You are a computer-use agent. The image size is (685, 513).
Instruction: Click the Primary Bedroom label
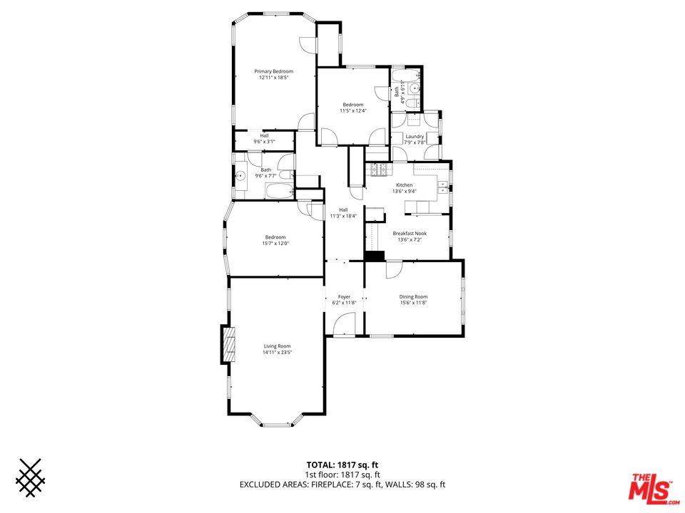click(x=275, y=71)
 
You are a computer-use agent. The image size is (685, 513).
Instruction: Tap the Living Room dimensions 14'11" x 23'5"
click(x=278, y=352)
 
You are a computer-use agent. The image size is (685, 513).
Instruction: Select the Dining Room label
click(x=413, y=296)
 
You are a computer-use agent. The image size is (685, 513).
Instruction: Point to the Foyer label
click(x=344, y=296)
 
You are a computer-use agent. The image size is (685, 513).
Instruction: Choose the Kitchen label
click(x=405, y=185)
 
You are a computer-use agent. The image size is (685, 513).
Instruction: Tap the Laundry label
click(x=415, y=136)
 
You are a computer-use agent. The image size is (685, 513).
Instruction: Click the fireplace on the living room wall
click(x=227, y=344)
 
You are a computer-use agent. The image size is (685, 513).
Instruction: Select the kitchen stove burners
click(x=377, y=170)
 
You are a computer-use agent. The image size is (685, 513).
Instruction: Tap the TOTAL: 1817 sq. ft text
click(x=342, y=465)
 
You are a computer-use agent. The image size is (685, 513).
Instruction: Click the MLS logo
click(x=650, y=487)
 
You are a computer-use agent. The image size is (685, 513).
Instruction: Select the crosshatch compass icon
click(x=31, y=477)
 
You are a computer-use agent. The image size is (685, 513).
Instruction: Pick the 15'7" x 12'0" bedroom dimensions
click(x=275, y=244)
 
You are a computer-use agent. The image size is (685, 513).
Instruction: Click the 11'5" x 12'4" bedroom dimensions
click(x=352, y=110)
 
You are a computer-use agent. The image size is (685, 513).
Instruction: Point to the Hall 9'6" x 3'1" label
click(x=264, y=138)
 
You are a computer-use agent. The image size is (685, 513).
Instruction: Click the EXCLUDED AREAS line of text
click(x=342, y=485)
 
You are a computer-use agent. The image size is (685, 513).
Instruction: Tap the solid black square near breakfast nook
click(x=374, y=256)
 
